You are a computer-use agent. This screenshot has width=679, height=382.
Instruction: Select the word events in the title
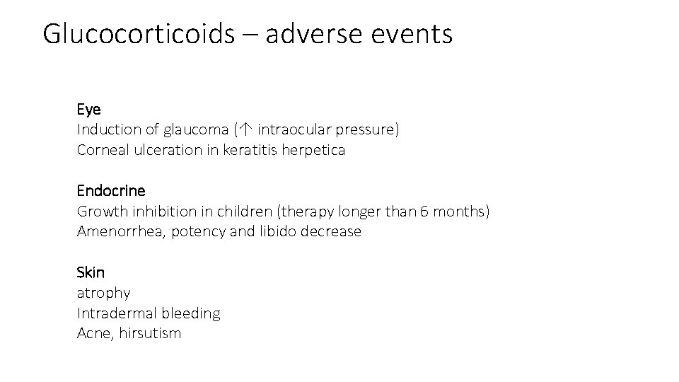tap(419, 34)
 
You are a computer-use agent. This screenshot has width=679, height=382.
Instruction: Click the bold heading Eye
tap(89, 110)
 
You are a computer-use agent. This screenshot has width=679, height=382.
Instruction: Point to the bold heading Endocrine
tap(111, 191)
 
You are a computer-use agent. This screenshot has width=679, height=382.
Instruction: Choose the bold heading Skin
tap(91, 272)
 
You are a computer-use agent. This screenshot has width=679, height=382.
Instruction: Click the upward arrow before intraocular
tap(244, 130)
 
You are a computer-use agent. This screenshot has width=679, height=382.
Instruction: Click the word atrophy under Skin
tap(103, 293)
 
